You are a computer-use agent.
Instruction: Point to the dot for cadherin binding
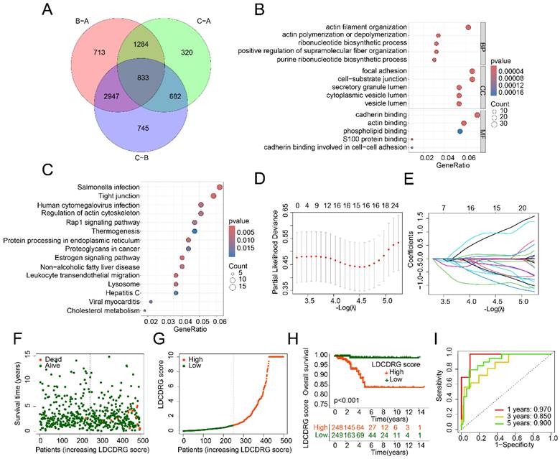click(477, 115)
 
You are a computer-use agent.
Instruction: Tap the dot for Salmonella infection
click(220, 187)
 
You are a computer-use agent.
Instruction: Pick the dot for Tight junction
click(213, 196)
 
